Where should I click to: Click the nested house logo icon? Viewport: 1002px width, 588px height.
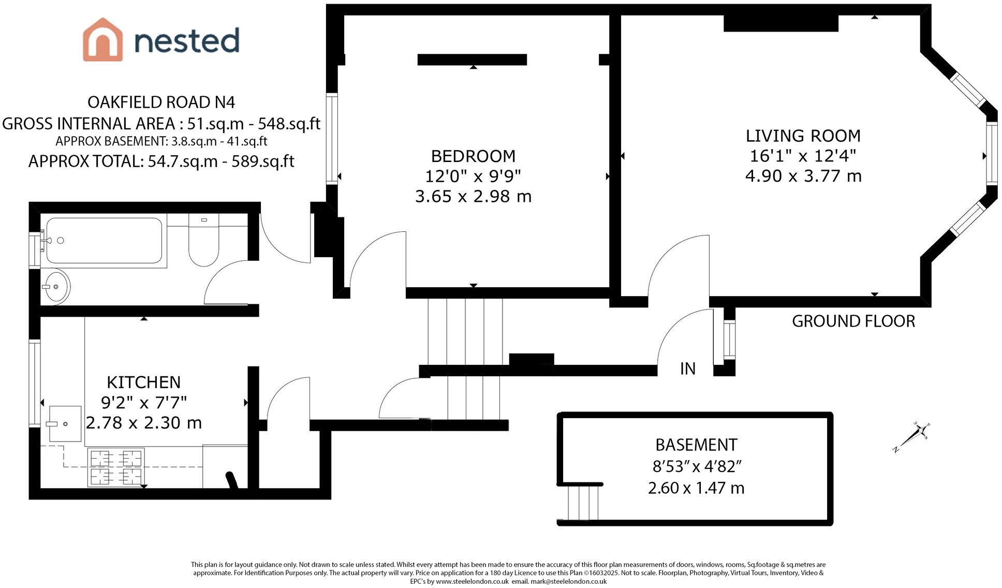102,40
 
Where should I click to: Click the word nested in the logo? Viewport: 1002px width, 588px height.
187,40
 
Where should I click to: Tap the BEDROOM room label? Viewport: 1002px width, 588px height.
473,156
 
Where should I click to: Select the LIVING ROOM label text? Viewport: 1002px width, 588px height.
803,136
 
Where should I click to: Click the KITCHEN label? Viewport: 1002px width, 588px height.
143,383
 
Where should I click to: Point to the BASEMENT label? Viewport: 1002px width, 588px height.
696,445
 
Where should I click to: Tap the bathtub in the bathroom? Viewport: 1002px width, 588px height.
104,241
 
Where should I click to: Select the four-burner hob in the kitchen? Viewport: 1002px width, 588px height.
116,467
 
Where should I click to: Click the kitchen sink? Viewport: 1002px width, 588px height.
65,423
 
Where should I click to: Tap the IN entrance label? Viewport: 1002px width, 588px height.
687,369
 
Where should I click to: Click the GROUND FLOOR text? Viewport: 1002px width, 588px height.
853,321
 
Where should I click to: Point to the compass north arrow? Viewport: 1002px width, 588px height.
911,437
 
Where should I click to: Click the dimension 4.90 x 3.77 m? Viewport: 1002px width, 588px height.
803,177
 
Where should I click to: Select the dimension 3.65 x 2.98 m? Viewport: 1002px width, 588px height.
473,197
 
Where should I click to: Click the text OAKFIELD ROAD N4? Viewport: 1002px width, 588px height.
161,102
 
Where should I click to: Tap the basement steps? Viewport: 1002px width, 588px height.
583,502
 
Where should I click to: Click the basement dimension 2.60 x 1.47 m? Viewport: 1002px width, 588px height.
696,488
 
